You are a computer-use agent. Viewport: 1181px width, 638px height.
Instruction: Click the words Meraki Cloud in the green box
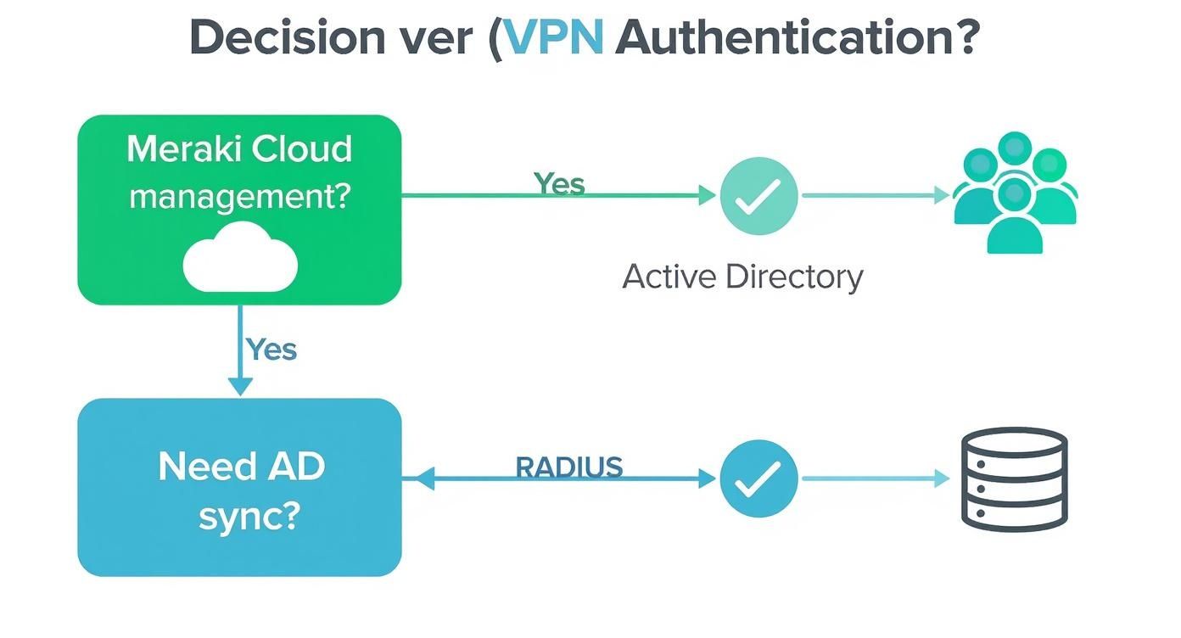point(239,149)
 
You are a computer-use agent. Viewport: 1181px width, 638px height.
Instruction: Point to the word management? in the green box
point(239,196)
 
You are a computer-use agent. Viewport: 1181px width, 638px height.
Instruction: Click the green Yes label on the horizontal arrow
point(559,182)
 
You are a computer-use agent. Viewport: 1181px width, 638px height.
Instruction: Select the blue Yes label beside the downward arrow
point(271,349)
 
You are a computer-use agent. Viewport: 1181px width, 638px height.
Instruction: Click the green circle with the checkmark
point(758,196)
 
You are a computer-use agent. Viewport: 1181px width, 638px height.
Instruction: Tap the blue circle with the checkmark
point(758,479)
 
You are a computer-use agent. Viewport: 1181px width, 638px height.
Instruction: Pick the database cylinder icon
point(1014,479)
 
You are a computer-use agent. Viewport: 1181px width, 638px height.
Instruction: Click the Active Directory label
point(742,277)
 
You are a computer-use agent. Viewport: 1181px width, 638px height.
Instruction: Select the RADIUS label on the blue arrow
point(569,467)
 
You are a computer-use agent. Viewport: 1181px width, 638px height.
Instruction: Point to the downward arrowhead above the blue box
point(241,386)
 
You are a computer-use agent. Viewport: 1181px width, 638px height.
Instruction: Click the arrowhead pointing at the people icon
point(941,196)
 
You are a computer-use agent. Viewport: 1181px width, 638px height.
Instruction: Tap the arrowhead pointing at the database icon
point(941,479)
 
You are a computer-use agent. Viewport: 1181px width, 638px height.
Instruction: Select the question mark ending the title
point(965,38)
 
